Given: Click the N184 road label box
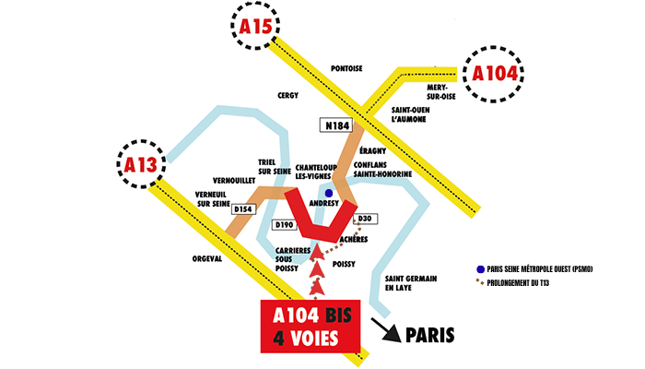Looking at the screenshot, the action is (336, 124).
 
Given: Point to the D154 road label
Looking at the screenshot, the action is (242, 209).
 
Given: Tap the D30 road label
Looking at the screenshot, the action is (363, 218).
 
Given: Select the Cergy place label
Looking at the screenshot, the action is (288, 95).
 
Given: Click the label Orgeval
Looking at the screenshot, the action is (208, 259).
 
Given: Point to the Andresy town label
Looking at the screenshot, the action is (324, 205).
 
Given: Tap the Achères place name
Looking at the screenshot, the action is (355, 238).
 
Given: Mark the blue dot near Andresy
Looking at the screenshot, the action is (329, 193).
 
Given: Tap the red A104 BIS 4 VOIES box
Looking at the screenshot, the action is (309, 326).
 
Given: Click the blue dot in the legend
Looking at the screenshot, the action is (480, 268).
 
